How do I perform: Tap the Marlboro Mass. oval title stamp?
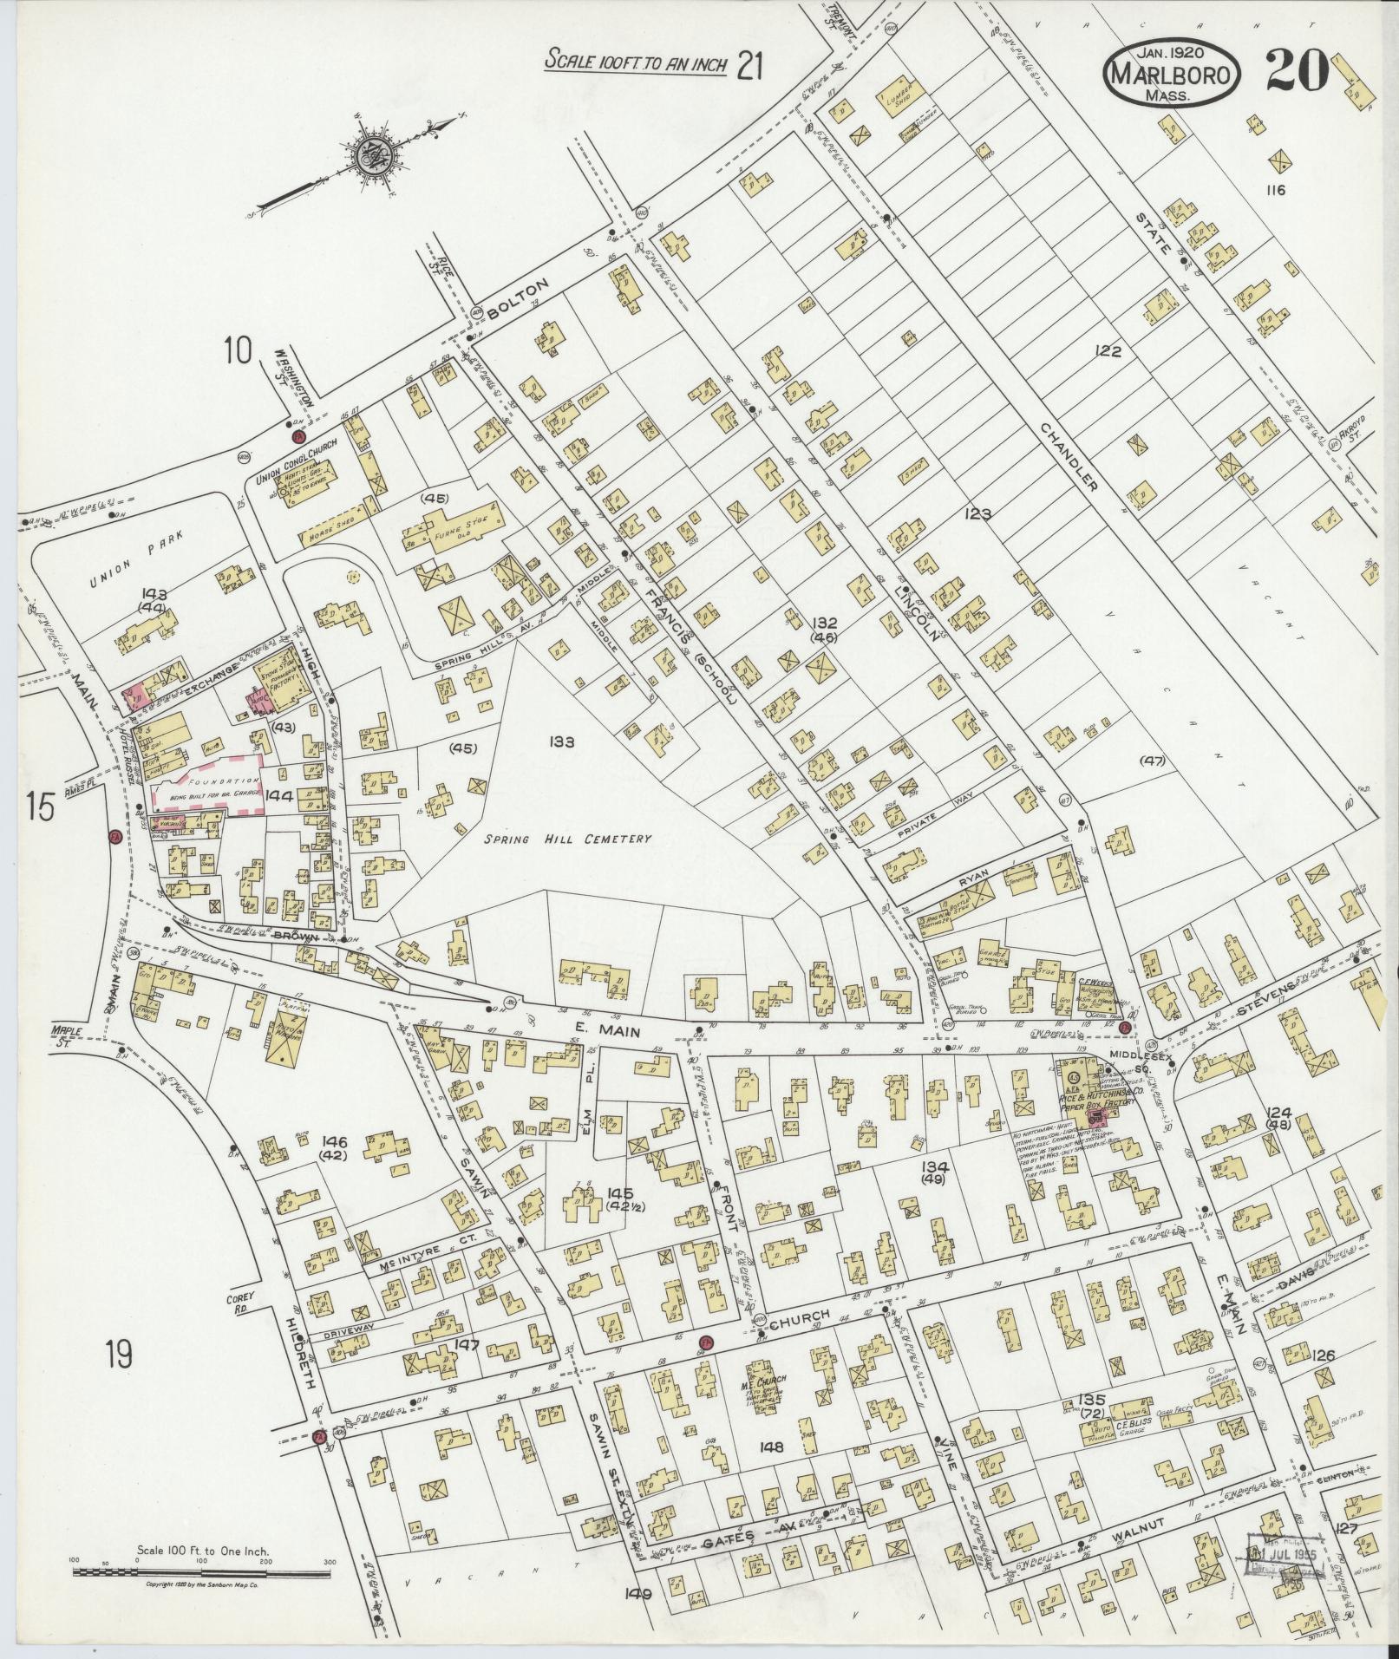coord(1171,75)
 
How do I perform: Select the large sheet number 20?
coord(1298,69)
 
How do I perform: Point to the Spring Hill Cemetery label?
coord(567,839)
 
